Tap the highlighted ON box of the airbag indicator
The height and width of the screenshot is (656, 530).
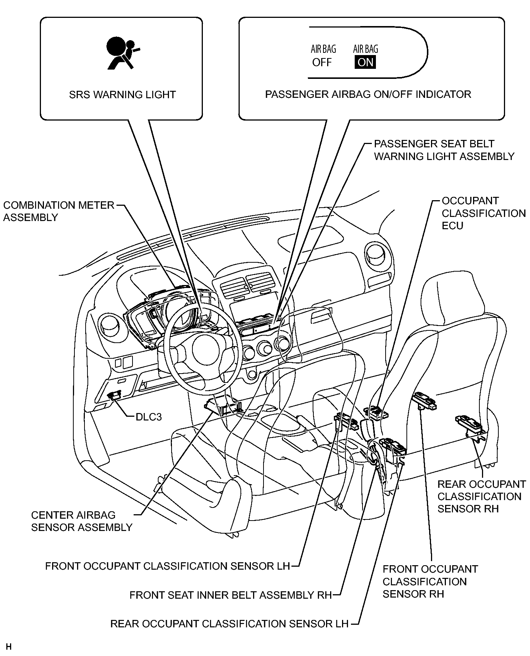[x=365, y=62]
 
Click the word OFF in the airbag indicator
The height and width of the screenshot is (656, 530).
[x=322, y=62]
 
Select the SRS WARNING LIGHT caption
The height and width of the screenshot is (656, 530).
[x=122, y=95]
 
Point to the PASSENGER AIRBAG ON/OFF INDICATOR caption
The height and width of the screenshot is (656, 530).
[x=368, y=94]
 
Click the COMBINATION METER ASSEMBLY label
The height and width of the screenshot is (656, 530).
[x=59, y=211]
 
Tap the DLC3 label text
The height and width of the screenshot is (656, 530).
[x=149, y=417]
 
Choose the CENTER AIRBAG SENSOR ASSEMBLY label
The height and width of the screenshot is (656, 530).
[x=82, y=521]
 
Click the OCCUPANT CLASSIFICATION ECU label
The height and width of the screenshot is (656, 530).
[x=483, y=213]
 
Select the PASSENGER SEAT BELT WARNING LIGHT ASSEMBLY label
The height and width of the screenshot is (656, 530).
[x=444, y=150]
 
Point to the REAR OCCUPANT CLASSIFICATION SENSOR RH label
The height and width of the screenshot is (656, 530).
[x=482, y=496]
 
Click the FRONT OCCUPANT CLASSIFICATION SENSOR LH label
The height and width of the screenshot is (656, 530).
[x=167, y=566]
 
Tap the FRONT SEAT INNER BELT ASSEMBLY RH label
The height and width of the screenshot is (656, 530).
[x=230, y=595]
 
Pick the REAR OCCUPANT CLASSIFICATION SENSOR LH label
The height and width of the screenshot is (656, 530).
[x=229, y=624]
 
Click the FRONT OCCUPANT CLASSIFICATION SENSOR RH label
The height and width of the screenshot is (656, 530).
[x=430, y=581]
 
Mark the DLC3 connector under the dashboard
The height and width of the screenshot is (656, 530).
[x=115, y=395]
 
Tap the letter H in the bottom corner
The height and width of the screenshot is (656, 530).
[x=9, y=646]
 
